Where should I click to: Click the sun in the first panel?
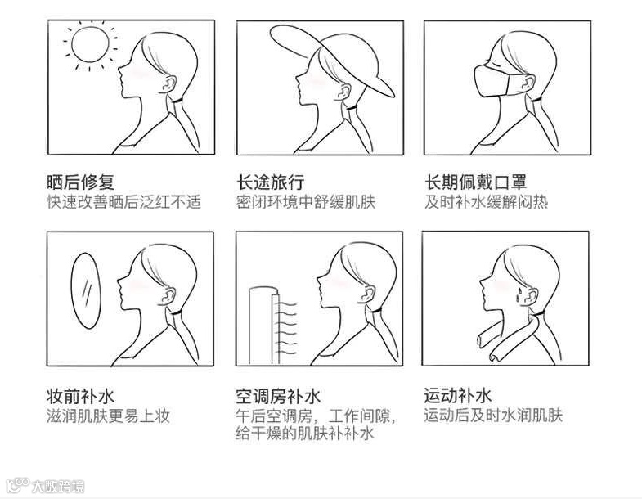coord(90,44)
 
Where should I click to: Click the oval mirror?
coord(86,291)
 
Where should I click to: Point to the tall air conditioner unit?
coord(264,326)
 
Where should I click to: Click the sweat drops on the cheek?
coord(519,296)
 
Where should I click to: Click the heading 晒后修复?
coord(80,182)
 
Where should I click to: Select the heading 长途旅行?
coord(270,182)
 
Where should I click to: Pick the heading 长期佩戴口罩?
coord(475,182)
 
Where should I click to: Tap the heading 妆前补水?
coord(80,396)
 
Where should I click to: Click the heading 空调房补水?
coord(278,396)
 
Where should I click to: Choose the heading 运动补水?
coord(457,396)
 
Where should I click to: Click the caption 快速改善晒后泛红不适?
coord(123,202)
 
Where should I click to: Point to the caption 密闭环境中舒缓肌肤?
coord(305,202)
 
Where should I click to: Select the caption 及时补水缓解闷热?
coord(486,202)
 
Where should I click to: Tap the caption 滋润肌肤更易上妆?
coord(108,416)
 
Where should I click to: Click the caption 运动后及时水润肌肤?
coord(493,416)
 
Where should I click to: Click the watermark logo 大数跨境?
coord(47,486)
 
